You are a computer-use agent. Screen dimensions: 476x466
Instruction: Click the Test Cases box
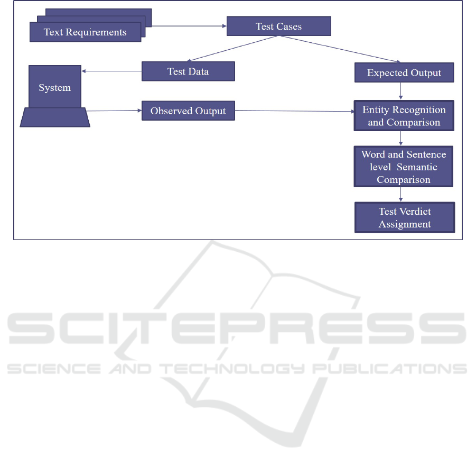tap(278, 26)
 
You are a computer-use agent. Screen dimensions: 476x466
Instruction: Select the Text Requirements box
tap(85, 32)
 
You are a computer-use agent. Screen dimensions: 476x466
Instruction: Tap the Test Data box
tap(188, 71)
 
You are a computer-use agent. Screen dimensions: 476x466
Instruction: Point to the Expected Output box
tap(404, 72)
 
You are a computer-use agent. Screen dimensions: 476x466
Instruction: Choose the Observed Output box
tap(188, 111)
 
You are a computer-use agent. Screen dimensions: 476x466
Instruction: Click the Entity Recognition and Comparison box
tap(404, 116)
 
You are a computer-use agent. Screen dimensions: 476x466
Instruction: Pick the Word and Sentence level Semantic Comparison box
tap(404, 167)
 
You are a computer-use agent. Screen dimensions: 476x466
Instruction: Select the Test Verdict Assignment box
tap(405, 217)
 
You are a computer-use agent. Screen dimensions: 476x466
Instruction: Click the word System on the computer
tap(54, 88)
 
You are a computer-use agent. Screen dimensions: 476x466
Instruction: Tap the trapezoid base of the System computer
tap(55, 117)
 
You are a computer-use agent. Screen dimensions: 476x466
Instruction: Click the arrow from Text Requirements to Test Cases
tap(189, 26)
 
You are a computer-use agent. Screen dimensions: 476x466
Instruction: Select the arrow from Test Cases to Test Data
tap(232, 49)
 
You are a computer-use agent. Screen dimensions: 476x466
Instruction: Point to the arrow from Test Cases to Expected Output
tap(340, 49)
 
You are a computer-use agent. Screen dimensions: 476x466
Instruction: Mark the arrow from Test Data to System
tap(111, 71)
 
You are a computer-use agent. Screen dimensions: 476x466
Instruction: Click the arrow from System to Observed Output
tap(114, 111)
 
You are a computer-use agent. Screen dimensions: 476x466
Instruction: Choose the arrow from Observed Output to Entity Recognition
tap(294, 111)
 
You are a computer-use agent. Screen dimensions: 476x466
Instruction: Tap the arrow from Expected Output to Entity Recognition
tap(400, 91)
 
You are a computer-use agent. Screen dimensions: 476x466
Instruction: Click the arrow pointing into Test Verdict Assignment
tap(400, 195)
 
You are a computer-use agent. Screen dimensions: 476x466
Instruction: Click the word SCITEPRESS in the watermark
tap(237, 328)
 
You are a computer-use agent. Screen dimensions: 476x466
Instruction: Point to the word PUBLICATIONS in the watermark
tap(390, 369)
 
